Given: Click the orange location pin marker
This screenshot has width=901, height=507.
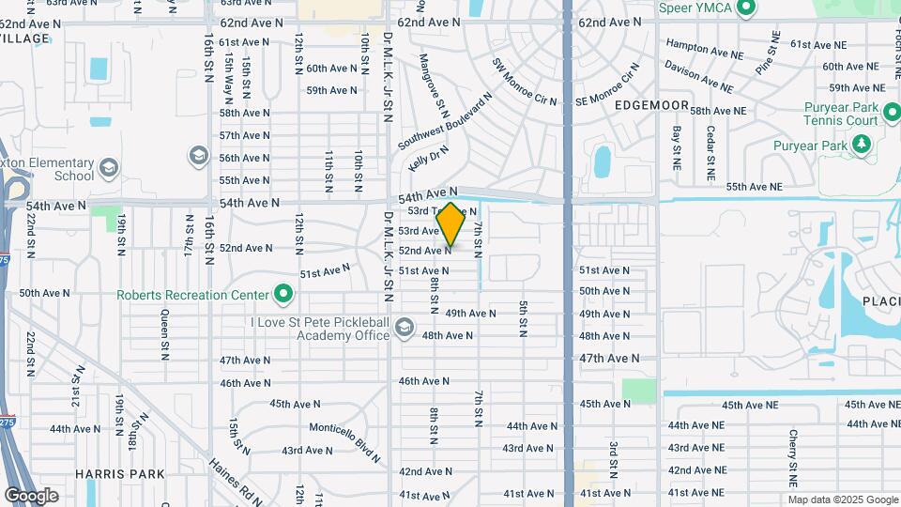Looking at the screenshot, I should (x=450, y=223).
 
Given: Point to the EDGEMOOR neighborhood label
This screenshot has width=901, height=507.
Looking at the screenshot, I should (x=652, y=106).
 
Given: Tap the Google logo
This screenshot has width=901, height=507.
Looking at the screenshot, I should (x=32, y=496).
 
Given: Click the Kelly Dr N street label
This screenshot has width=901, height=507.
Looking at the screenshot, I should (x=429, y=157).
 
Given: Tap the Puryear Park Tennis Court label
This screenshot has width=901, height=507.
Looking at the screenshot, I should (x=841, y=113).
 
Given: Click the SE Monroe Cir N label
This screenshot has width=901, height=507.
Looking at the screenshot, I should (x=606, y=84).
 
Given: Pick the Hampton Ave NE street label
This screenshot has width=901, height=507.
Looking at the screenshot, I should (x=700, y=44).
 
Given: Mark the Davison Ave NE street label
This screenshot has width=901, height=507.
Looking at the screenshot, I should (x=699, y=77).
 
